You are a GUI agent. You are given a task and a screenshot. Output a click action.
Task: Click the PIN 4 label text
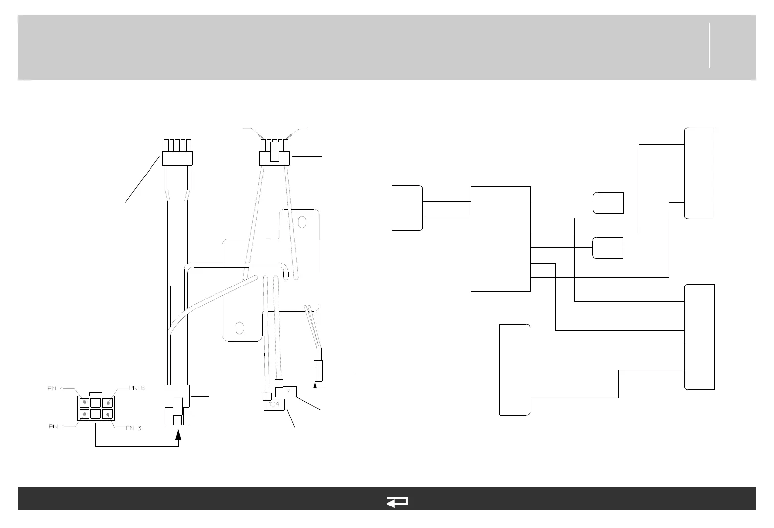tap(55, 389)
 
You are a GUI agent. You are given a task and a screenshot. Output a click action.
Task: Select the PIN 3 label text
tap(133, 429)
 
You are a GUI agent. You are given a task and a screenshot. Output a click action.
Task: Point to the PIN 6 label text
tap(137, 388)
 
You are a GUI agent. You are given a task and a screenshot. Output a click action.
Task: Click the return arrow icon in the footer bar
tap(397, 502)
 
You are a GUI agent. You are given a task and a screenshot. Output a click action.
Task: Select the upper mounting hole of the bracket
tap(302, 221)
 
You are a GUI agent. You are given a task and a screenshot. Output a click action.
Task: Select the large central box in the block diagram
tap(500, 239)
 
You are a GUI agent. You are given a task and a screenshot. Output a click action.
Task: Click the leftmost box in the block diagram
tap(407, 208)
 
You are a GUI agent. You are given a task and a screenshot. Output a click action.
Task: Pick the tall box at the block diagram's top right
tap(699, 173)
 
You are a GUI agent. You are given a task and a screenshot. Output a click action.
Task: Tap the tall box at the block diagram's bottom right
tap(700, 336)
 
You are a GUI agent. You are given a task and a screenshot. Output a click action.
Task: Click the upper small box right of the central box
tap(608, 203)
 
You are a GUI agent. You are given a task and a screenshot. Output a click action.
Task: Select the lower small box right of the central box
tap(608, 248)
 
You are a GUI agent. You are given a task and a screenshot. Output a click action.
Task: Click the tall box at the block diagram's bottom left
tap(515, 370)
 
